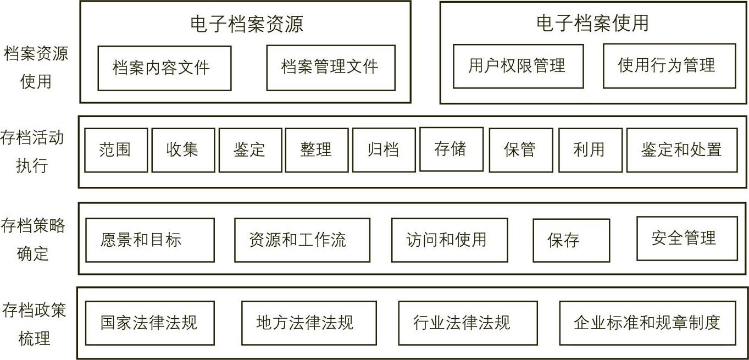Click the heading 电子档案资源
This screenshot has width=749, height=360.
(247, 24)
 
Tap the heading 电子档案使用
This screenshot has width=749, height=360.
(592, 23)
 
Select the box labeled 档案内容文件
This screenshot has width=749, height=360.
(164, 68)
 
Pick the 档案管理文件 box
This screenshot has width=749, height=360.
(331, 68)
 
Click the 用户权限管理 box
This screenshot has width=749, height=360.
(518, 67)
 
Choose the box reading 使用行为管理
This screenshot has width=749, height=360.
(669, 66)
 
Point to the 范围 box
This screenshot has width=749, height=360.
(116, 150)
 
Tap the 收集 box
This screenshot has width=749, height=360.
(183, 150)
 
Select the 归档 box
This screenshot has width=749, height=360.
(384, 150)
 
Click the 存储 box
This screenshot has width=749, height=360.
(451, 149)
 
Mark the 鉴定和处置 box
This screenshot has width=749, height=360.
(682, 150)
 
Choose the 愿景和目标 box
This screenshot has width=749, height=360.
(150, 240)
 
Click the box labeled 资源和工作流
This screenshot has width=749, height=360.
(302, 240)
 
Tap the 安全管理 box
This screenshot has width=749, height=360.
(687, 238)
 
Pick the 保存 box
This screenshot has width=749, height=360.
(572, 241)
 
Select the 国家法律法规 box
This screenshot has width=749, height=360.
(150, 323)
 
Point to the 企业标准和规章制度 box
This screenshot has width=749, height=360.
(648, 323)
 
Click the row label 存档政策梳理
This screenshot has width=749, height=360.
(34, 324)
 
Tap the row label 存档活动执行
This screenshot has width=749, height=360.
(32, 152)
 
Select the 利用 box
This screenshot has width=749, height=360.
(591, 150)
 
